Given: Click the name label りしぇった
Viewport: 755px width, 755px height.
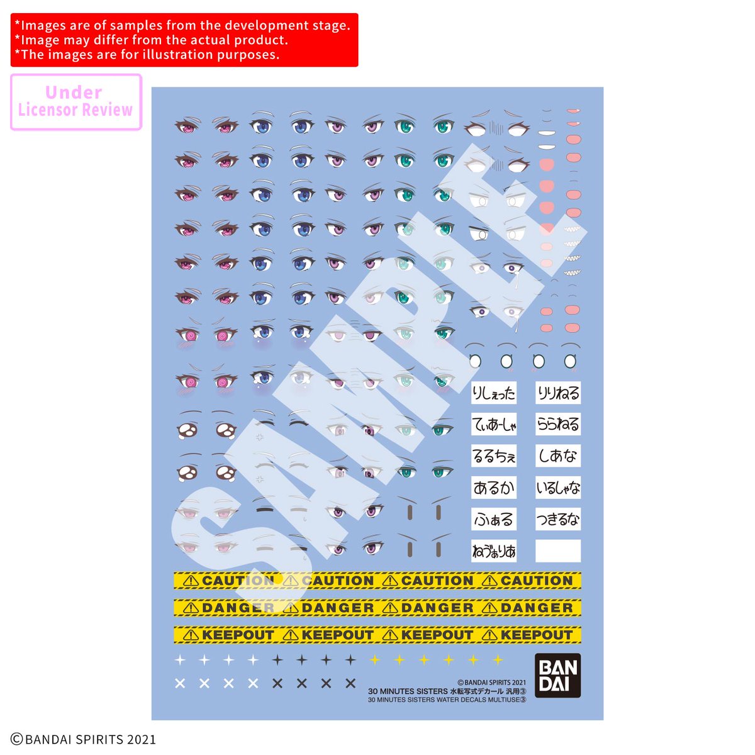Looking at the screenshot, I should (494, 393).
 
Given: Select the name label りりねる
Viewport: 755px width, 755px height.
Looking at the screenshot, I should (558, 393).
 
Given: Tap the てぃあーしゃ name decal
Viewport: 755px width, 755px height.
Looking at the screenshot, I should (494, 425).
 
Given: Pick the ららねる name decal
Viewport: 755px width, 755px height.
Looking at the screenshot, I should (558, 425).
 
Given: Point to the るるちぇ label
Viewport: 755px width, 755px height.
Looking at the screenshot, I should (494, 456).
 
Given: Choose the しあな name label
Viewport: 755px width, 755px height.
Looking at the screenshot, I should (558, 456).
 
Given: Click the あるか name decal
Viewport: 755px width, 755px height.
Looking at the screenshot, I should (494, 488).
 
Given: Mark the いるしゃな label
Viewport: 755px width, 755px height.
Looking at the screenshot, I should (558, 488).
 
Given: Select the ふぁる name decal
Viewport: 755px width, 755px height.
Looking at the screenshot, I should (494, 520).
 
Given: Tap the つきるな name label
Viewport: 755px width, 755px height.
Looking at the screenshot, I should (558, 520).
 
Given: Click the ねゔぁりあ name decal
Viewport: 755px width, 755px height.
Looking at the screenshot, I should (494, 551).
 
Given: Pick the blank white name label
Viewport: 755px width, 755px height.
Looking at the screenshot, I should (558, 551).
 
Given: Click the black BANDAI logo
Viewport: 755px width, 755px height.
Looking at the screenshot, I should (558, 676).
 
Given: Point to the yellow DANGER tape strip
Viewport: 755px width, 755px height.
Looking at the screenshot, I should (377, 608).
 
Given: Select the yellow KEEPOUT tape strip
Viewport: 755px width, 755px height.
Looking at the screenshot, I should (377, 635).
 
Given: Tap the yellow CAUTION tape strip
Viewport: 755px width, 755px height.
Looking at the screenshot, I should (377, 581).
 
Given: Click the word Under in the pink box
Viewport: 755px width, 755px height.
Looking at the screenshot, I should (74, 92).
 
